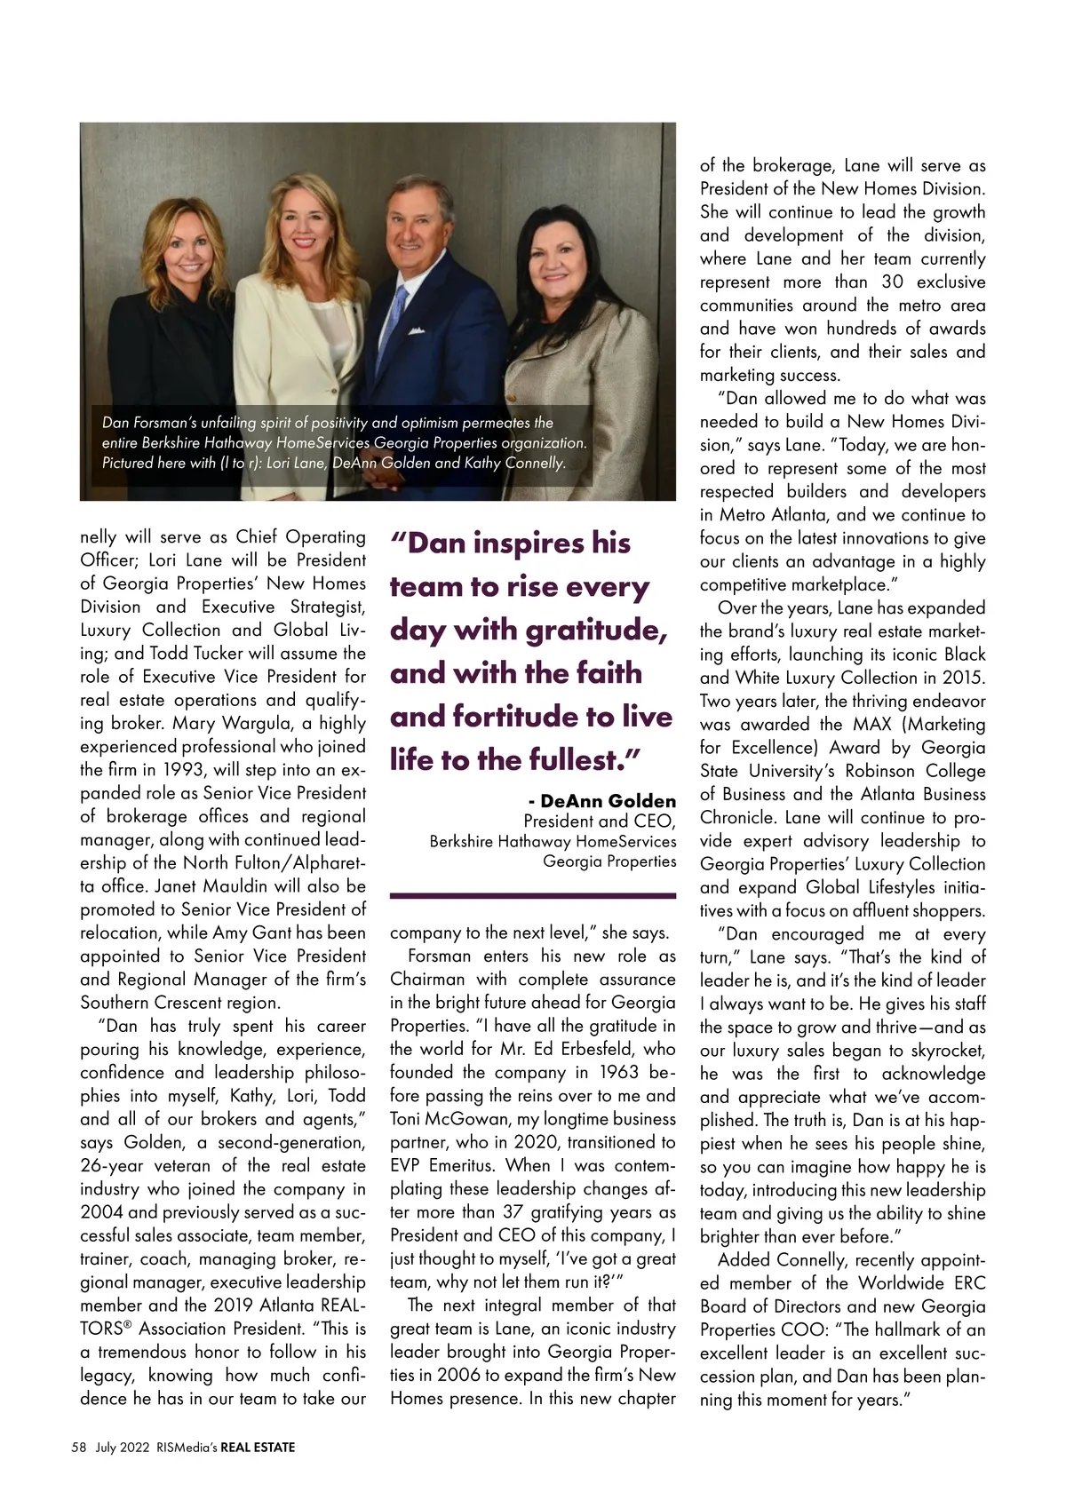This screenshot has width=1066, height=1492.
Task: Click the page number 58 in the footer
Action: tap(79, 1447)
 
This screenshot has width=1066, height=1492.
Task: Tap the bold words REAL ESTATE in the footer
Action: tap(258, 1447)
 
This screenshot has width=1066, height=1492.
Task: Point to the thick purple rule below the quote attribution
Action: tap(533, 896)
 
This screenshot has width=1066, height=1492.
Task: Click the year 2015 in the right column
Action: tap(963, 678)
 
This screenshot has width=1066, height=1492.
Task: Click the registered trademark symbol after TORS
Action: tap(127, 1325)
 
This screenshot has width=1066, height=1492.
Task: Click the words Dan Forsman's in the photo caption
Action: tap(146, 423)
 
